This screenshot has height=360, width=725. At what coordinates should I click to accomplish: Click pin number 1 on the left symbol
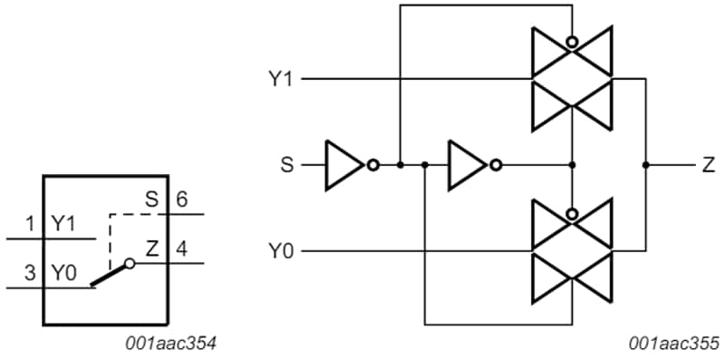30,224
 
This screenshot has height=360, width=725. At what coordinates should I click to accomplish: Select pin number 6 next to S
181,200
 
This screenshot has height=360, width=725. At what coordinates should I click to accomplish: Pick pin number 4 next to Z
181,248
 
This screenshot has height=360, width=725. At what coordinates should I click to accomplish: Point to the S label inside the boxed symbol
151,200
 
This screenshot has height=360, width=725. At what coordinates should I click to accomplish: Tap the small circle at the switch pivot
130,264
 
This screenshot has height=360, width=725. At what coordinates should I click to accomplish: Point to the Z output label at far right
707,165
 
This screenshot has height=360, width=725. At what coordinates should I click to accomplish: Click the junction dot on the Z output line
645,165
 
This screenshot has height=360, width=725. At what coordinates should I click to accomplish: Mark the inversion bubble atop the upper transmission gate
571,42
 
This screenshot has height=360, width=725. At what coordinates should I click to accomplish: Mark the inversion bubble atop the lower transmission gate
571,214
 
